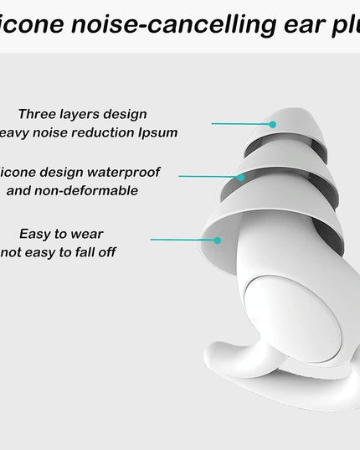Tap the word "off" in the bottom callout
click(105, 251)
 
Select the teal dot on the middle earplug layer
click(242, 176)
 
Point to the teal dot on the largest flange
click(217, 240)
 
